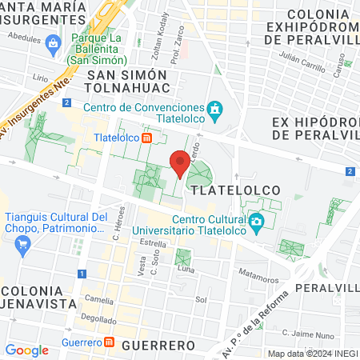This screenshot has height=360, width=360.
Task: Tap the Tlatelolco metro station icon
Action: coord(147,138)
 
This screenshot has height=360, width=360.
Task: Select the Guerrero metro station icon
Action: coord(110,343)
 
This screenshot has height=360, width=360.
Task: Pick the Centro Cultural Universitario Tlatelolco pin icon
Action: coord(256,222)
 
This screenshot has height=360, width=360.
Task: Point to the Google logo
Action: coord(26,350)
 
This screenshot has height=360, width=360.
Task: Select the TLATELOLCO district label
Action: coord(234,190)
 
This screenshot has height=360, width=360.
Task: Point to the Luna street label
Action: coord(186,270)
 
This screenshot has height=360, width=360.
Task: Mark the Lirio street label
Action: coord(40,78)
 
